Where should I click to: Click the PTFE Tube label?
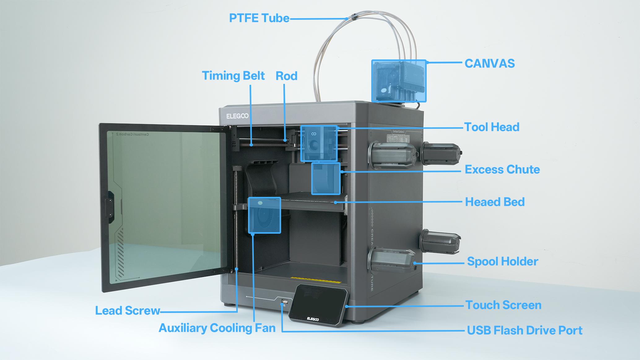click(x=259, y=18)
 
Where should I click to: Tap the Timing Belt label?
click(x=233, y=76)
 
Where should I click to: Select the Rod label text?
click(x=286, y=76)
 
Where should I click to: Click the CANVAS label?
click(x=490, y=64)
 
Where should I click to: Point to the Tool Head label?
click(x=492, y=127)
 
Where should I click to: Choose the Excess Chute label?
click(x=502, y=170)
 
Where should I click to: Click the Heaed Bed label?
click(x=495, y=202)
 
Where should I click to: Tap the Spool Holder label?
click(x=503, y=262)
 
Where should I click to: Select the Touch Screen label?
click(x=503, y=305)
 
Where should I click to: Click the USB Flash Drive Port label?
click(x=525, y=331)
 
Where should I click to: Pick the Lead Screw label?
click(x=127, y=311)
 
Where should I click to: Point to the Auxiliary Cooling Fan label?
click(x=217, y=328)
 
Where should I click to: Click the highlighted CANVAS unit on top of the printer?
click(x=399, y=81)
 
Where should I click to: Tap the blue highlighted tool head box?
click(x=319, y=143)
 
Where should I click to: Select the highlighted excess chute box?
click(x=326, y=179)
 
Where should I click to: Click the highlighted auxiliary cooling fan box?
click(x=264, y=215)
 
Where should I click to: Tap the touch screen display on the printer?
click(x=318, y=305)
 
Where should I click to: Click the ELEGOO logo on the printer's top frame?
click(x=237, y=116)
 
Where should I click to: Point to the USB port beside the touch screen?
click(x=285, y=301)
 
